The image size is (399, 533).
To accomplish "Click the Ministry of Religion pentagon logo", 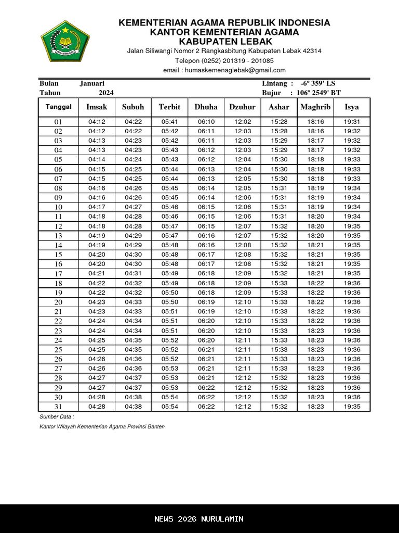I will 65,41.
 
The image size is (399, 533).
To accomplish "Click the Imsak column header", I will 97,107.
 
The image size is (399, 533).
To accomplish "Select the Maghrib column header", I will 315,107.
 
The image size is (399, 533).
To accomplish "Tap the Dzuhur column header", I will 243,107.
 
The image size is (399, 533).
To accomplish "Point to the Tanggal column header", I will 58,107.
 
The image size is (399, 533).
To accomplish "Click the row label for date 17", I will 58,274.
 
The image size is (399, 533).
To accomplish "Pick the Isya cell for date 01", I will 352,122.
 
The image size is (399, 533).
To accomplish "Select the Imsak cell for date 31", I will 97,407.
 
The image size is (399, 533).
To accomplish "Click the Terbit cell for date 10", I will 169,207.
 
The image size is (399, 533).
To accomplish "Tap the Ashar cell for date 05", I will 279,160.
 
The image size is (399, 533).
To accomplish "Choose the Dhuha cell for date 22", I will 206,321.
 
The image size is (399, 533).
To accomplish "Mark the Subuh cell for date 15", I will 133,255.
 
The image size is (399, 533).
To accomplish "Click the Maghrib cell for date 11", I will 315,217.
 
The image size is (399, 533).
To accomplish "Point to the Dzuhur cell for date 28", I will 243,378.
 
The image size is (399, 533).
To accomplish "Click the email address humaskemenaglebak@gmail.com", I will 224,70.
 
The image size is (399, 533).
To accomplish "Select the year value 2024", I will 106,93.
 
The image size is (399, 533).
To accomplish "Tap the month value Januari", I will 92,83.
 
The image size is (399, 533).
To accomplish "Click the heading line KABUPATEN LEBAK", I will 224,41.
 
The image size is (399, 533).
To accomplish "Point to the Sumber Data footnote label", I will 57,417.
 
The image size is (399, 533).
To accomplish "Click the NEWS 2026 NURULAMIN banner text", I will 199,519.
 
